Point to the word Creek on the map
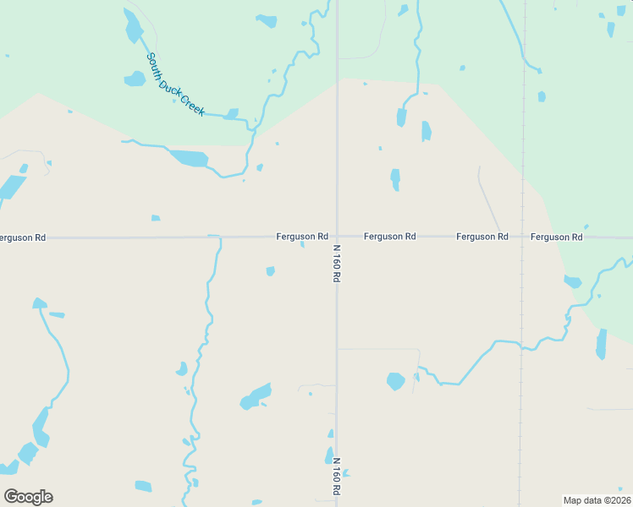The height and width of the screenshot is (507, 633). [x=193, y=106]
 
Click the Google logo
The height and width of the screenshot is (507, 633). [x=28, y=497]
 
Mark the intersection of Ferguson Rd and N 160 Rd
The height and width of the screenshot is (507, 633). [x=337, y=237]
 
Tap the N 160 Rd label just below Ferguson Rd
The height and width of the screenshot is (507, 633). [x=336, y=263]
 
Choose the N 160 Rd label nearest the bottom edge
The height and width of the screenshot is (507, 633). [x=336, y=477]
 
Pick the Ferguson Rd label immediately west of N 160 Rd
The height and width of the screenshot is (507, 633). [x=302, y=237]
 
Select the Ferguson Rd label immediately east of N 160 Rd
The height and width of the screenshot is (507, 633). [x=389, y=237]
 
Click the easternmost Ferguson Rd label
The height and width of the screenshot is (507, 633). [x=557, y=237]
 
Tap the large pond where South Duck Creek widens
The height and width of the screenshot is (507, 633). [x=190, y=158]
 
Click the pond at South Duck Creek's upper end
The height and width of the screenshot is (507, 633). [x=133, y=27]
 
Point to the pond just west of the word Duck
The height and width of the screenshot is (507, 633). [x=135, y=79]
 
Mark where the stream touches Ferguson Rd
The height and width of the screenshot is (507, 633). [x=217, y=237]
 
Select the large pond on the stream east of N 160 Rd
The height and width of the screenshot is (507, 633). [x=395, y=381]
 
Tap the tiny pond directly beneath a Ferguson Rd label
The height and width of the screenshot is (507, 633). [x=302, y=246]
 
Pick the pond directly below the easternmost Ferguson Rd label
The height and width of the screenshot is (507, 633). [x=573, y=281]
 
